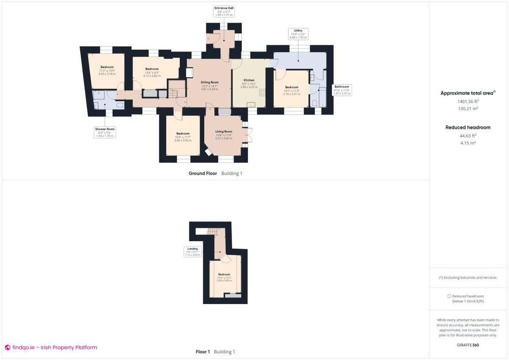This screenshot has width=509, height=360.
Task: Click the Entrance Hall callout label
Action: pyautogui.click(x=224, y=11)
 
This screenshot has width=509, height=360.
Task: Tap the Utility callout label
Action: pyautogui.click(x=298, y=34)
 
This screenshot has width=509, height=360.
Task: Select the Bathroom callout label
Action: pyautogui.click(x=341, y=90)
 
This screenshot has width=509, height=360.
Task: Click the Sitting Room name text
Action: pyautogui.click(x=210, y=82)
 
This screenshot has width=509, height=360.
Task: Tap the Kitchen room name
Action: pyautogui.click(x=249, y=80)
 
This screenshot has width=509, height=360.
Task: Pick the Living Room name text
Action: pyautogui.click(x=224, y=131)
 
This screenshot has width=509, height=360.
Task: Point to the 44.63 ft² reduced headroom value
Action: pyautogui.click(x=467, y=136)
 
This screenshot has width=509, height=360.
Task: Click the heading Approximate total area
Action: pyautogui.click(x=467, y=93)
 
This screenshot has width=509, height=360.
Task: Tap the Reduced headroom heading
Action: pyautogui.click(x=467, y=127)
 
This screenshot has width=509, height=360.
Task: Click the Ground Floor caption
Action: pyautogui.click(x=203, y=173)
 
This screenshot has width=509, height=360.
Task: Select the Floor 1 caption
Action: pyautogui.click(x=203, y=352)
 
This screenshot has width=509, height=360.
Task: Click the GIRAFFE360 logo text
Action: pyautogui.click(x=467, y=345)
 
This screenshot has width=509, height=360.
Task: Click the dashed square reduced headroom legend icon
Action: pyautogui.click(x=449, y=296)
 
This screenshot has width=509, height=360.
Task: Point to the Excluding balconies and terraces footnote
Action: pyautogui.click(x=467, y=278)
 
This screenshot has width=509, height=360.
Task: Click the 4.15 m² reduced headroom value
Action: pyautogui.click(x=467, y=143)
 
